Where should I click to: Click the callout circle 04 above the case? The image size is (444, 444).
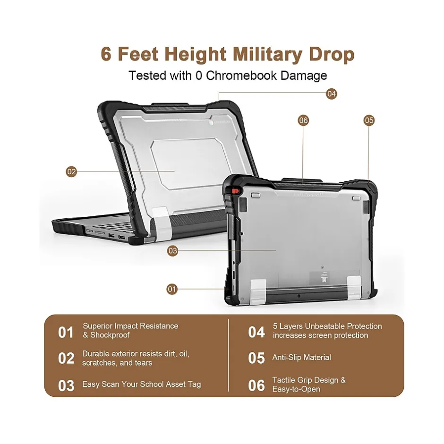(x=331, y=94)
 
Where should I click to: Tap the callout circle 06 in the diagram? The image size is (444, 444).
(x=303, y=120)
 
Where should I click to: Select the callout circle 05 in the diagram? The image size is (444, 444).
(x=369, y=120)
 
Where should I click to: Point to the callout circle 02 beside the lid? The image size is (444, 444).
(x=71, y=171)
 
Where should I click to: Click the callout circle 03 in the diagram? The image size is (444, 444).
(x=172, y=251)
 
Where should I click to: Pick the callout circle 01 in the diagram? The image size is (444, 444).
(x=172, y=289)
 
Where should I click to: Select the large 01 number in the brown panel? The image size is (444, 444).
(x=66, y=332)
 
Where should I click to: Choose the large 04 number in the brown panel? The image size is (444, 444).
(x=256, y=332)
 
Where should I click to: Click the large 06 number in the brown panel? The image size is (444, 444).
(x=256, y=385)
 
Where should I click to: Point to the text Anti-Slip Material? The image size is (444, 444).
(x=301, y=358)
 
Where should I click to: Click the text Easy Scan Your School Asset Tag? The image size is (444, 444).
(x=142, y=384)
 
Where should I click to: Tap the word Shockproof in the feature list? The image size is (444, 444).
(x=110, y=335)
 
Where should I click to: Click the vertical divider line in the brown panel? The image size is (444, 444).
(x=228, y=355)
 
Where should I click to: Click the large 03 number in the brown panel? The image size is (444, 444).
(x=66, y=386)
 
